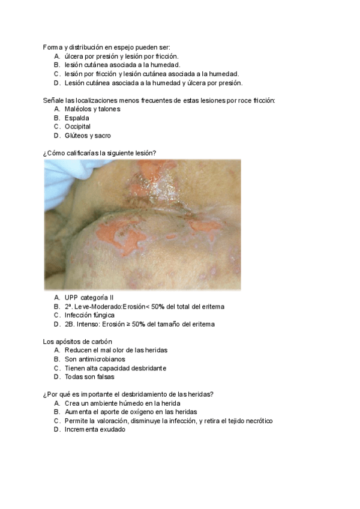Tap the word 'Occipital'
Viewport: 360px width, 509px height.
click(78, 127)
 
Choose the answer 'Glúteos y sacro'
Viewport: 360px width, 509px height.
click(88, 136)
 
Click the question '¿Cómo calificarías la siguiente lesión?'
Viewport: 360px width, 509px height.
click(100, 153)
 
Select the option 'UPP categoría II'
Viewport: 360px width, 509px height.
click(89, 297)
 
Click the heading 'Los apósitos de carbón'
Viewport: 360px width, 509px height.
click(78, 342)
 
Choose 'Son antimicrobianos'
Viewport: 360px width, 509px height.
click(95, 359)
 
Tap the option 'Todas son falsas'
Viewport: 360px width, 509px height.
click(89, 377)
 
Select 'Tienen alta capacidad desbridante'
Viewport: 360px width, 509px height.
click(115, 368)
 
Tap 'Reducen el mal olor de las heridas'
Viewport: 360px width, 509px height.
click(116, 350)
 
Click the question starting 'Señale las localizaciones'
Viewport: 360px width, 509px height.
click(159, 100)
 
